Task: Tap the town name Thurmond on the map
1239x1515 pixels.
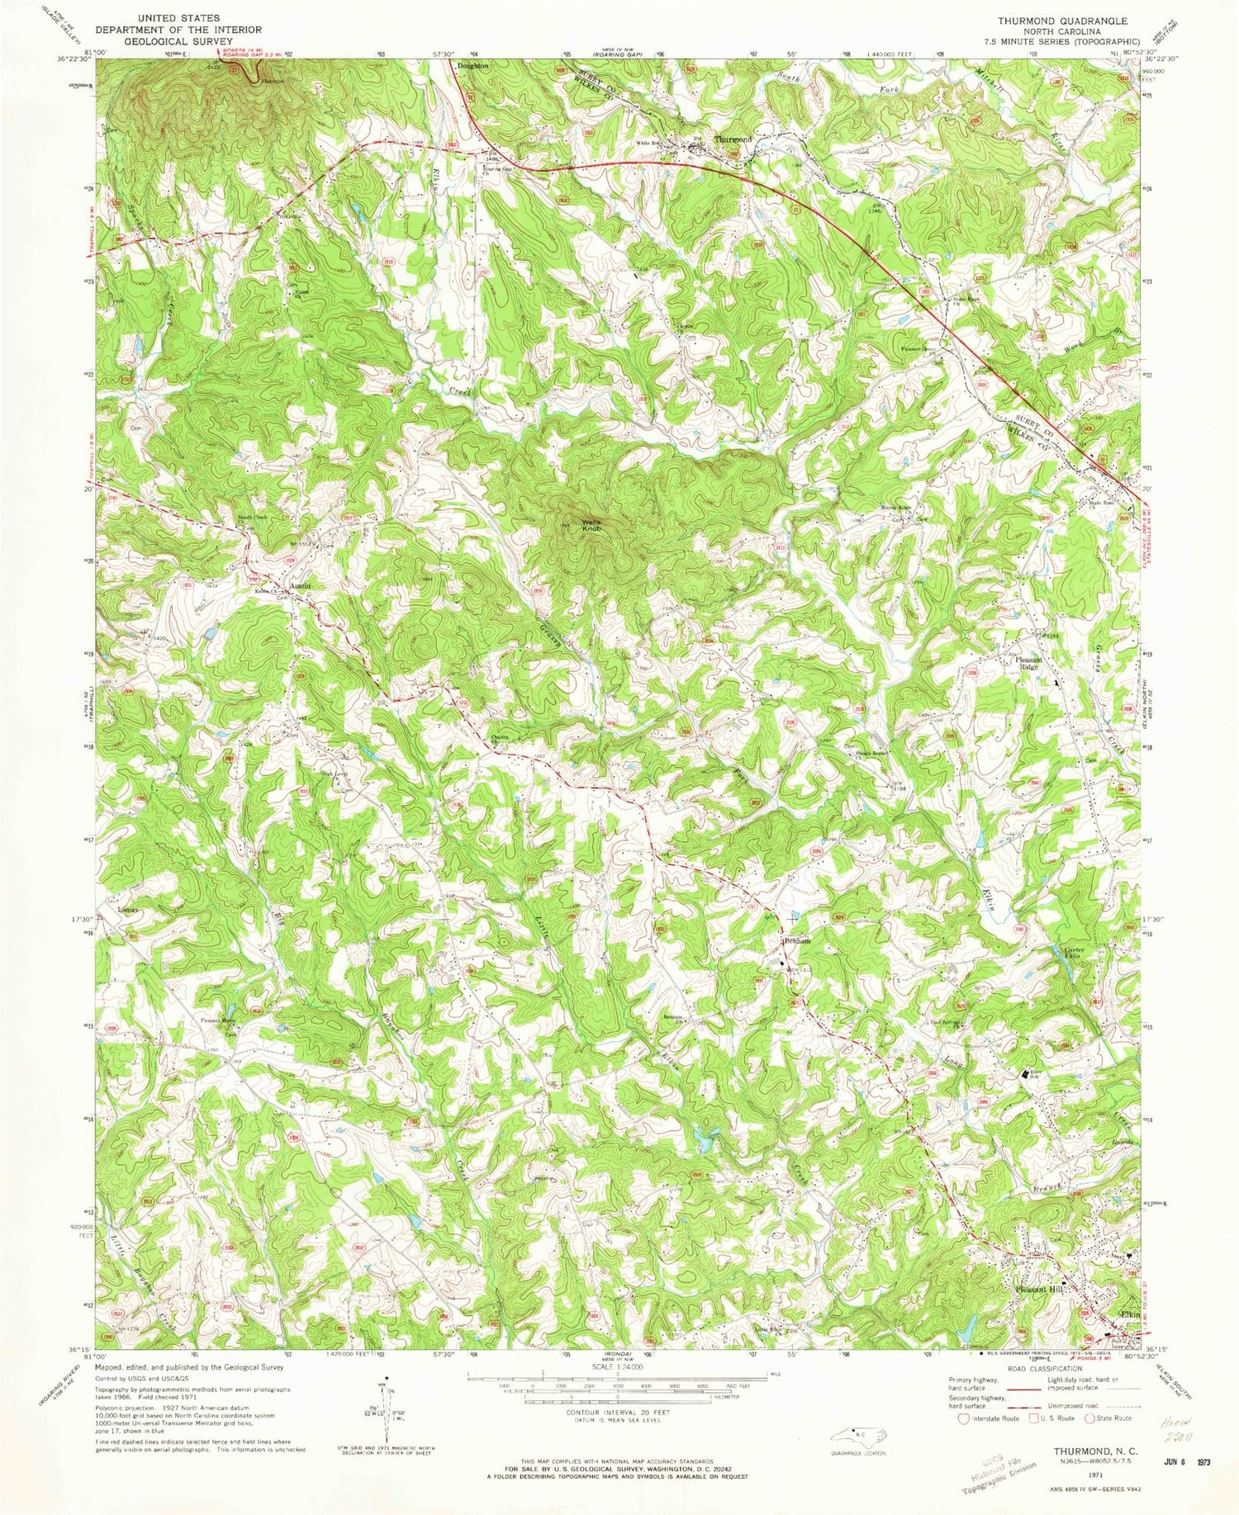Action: click(x=733, y=140)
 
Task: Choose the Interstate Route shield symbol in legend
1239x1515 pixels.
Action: click(x=963, y=1418)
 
